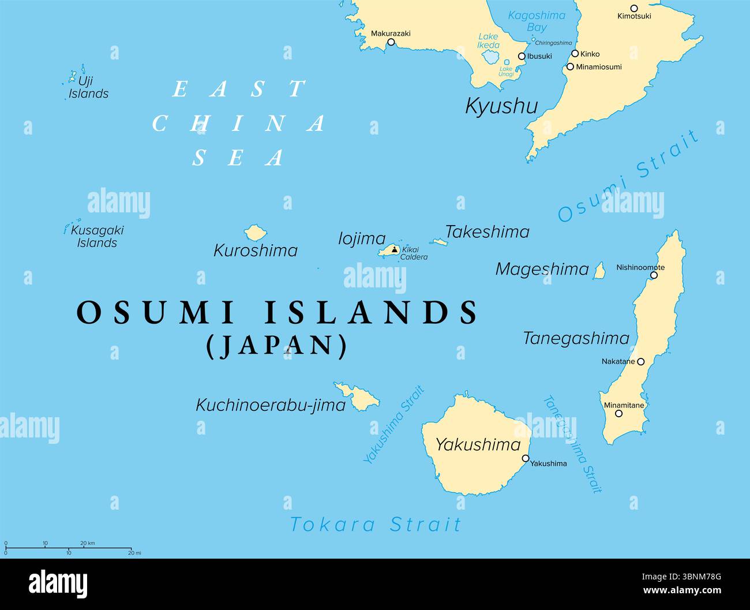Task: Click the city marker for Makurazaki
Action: pyautogui.click(x=391, y=42)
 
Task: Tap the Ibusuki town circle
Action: pyautogui.click(x=522, y=57)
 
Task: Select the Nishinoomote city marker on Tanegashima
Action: pyautogui.click(x=654, y=275)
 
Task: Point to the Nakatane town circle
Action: pyautogui.click(x=640, y=362)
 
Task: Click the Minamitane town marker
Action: pyautogui.click(x=618, y=413)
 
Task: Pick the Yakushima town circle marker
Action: pyautogui.click(x=526, y=459)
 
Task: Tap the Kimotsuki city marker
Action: pyautogui.click(x=634, y=8)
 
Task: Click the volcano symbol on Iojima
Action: pyautogui.click(x=394, y=249)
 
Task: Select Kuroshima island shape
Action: pyautogui.click(x=254, y=233)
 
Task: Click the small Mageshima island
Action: pyautogui.click(x=599, y=271)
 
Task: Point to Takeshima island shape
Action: pyautogui.click(x=439, y=242)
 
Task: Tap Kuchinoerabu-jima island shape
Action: pyautogui.click(x=359, y=396)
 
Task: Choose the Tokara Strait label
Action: pyautogui.click(x=376, y=525)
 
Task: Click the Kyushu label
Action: pyautogui.click(x=501, y=106)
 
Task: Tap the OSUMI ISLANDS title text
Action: pyautogui.click(x=277, y=313)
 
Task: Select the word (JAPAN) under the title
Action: pyautogui.click(x=277, y=345)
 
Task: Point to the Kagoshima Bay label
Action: pyautogui.click(x=537, y=21)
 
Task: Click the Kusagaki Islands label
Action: pyautogui.click(x=97, y=237)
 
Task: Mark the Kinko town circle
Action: pyautogui.click(x=575, y=54)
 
